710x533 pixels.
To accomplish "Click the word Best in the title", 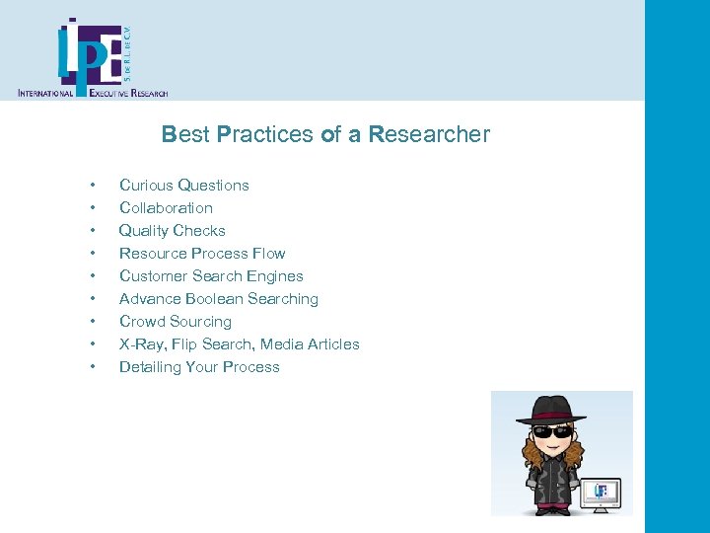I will tap(183, 134).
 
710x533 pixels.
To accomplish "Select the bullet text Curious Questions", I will tap(183, 186).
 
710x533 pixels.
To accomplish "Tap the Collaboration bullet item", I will tap(166, 208).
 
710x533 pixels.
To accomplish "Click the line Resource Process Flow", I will tap(202, 254).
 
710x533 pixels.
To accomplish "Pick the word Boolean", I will tap(217, 299).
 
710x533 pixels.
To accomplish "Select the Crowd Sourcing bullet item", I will tap(175, 322).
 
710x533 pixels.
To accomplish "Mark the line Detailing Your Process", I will tap(199, 367).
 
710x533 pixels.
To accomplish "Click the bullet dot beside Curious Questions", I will tap(92, 186).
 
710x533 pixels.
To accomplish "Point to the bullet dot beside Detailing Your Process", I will tap(92, 367).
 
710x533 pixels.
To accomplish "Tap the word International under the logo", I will tap(46, 93).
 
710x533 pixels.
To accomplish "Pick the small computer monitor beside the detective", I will tap(601, 491).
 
